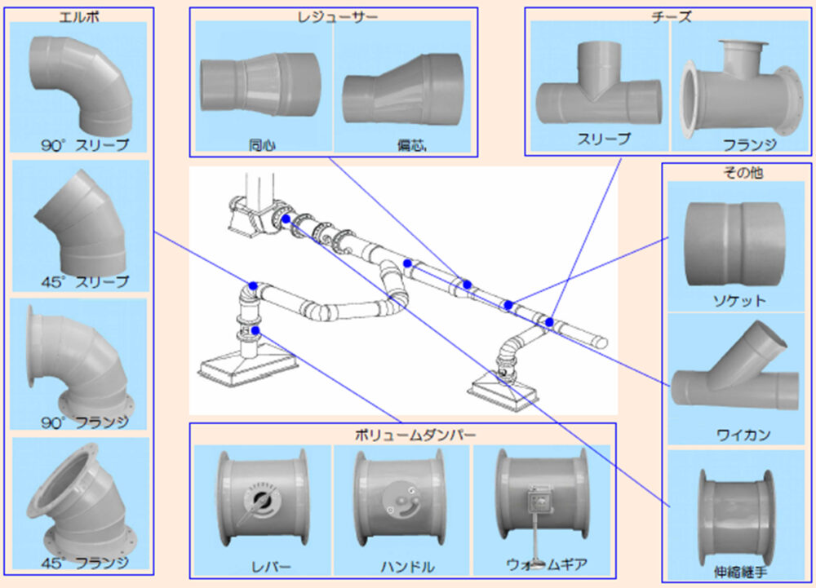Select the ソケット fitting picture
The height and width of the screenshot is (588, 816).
736,245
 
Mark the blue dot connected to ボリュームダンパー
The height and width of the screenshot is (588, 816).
256,330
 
